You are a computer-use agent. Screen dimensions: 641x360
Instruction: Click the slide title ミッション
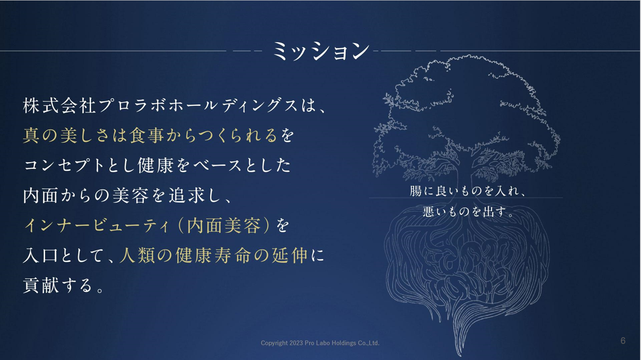click(321, 51)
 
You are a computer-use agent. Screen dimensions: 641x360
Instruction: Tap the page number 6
click(623, 341)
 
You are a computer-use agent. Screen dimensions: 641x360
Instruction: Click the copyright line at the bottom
click(320, 343)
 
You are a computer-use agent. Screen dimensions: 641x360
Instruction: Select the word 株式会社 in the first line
click(59, 105)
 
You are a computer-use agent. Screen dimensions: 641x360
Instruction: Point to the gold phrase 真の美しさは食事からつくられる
click(150, 135)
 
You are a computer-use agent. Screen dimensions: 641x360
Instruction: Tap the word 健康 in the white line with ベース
click(156, 166)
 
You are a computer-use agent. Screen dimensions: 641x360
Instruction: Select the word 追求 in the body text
click(186, 195)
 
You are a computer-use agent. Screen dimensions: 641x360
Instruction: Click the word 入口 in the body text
click(40, 255)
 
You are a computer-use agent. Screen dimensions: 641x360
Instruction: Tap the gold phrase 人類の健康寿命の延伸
click(214, 255)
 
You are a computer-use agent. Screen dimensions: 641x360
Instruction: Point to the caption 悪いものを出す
click(464, 212)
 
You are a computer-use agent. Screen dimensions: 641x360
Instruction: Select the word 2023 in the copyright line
click(296, 343)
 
